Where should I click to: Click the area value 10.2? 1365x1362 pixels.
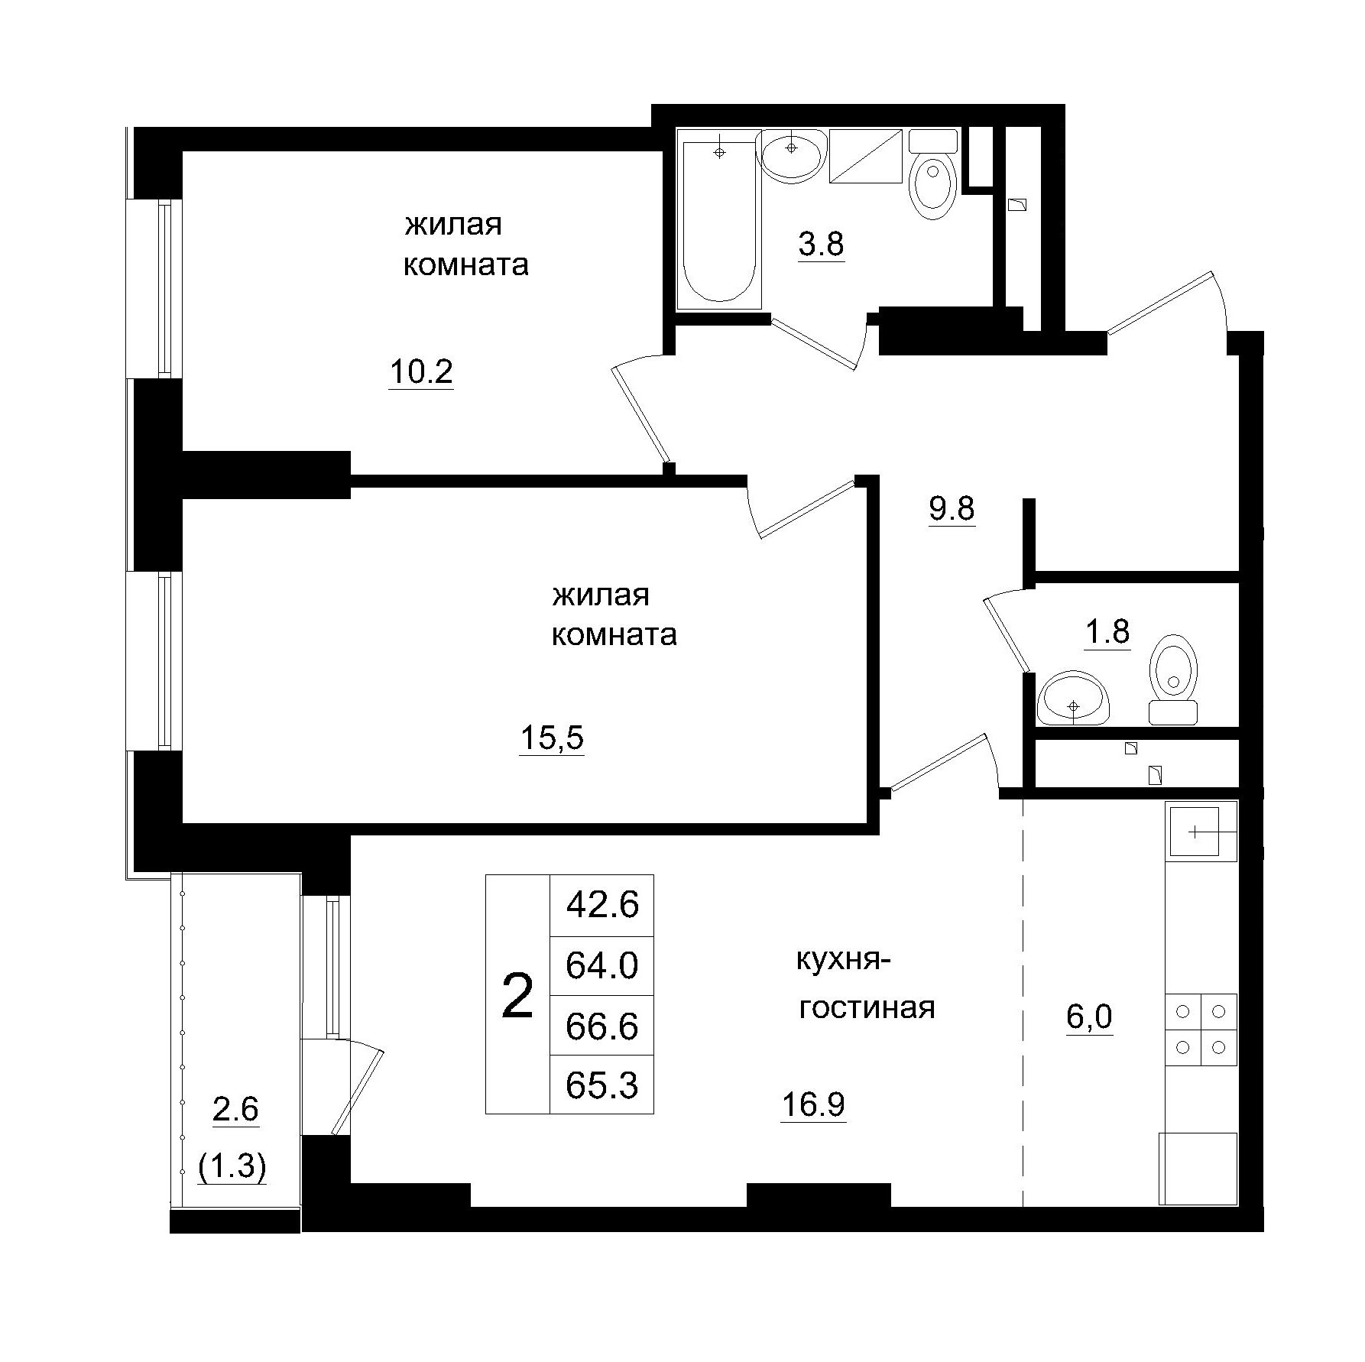[x=421, y=372]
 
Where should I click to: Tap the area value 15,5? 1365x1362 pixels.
[x=551, y=738]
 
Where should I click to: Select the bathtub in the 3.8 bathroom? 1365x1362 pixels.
[x=719, y=223]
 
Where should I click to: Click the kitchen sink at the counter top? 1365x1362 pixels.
[x=1201, y=831]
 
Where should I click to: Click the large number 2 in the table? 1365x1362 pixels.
[x=517, y=997]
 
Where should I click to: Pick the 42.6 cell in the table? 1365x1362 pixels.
[x=602, y=906]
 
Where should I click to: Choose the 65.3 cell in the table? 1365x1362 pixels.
[x=602, y=1084]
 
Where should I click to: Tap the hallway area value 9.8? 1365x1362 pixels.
[x=952, y=508]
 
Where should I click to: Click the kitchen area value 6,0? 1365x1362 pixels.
[x=1089, y=1017]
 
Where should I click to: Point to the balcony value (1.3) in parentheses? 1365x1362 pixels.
[x=232, y=1167]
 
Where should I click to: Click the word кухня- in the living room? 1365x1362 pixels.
[x=844, y=960]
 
